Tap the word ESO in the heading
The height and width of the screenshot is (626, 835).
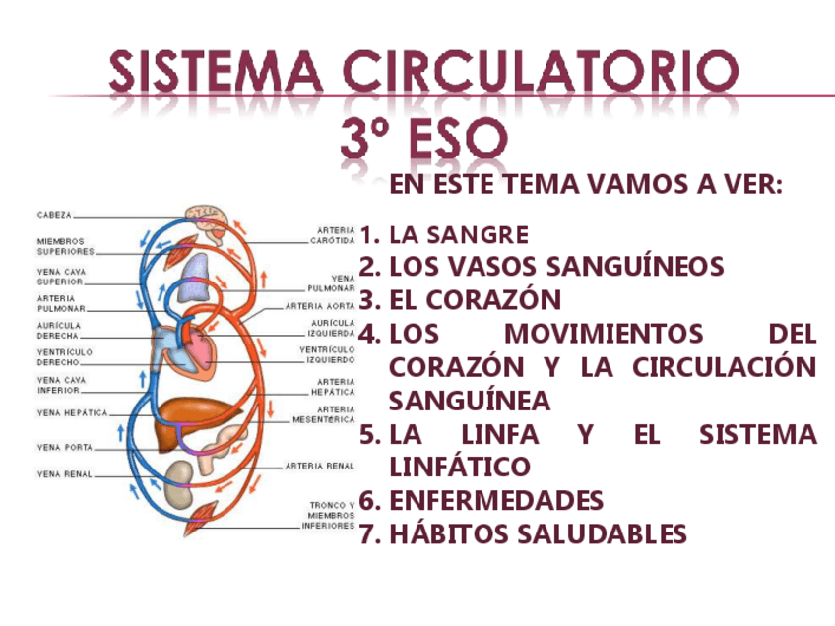pos(456,140)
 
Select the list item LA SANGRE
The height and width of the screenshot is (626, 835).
pos(459,235)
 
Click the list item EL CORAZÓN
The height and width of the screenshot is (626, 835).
pos(476,300)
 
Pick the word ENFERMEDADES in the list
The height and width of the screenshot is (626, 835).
pos(496,501)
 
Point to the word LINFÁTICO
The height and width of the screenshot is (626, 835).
pos(460,467)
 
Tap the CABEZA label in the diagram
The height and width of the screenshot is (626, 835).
pos(54,214)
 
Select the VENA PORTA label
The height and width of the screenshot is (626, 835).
pos(65,448)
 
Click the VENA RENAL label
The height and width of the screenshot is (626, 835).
pos(65,474)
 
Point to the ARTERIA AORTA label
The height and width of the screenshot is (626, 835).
pos(320,306)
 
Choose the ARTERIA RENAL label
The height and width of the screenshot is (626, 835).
pos(320,466)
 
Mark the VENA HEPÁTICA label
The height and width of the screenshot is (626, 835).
pos(73,413)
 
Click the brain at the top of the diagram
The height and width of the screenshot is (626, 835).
pos(209,216)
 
